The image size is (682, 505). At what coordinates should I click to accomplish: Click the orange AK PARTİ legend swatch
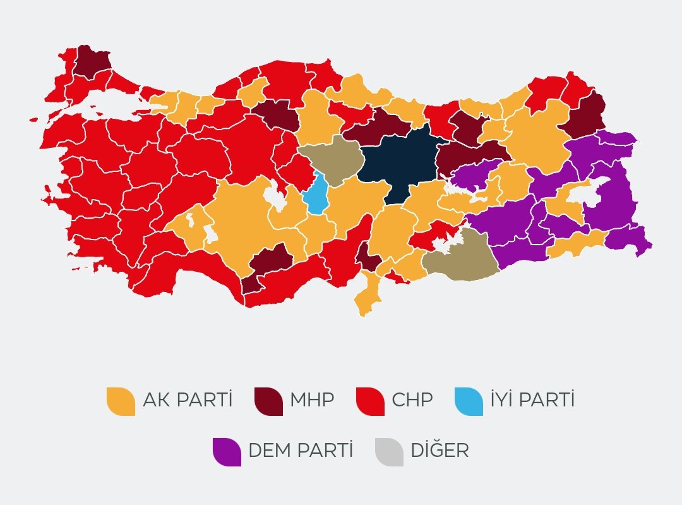121,401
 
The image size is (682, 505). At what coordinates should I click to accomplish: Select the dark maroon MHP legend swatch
268,401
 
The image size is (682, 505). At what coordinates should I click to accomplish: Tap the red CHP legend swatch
370,401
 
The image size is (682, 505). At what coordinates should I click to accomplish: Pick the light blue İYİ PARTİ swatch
469,401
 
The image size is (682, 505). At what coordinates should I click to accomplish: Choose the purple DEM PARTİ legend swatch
227,452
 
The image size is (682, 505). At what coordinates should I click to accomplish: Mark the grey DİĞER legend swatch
389,452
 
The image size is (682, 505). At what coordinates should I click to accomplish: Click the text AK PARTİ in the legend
188,400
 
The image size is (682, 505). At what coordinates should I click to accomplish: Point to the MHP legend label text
312,400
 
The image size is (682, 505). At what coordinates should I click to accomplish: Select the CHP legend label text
412,400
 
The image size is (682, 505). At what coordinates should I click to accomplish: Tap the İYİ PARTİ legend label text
532,400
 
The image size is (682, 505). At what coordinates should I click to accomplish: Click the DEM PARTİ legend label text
301,451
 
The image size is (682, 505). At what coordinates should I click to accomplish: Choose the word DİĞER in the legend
440,451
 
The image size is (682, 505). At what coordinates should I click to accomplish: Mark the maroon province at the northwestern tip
92,61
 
